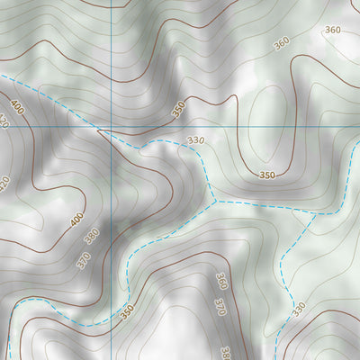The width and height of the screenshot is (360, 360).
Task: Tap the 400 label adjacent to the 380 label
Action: coord(77,218)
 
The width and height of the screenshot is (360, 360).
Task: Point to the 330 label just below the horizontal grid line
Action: coord(196,141)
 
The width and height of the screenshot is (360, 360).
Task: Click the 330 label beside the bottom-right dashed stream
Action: coord(299,310)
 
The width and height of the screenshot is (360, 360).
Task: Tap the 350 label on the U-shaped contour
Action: coord(266,175)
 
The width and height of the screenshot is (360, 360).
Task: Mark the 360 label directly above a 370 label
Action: coord(221,282)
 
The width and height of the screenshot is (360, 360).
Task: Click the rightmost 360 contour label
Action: coord(333,31)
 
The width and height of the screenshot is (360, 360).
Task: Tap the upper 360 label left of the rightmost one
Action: coord(282,42)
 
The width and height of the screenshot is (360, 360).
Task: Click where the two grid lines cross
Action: coord(112,128)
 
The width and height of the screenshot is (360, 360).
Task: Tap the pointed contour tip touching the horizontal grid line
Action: coord(98,130)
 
